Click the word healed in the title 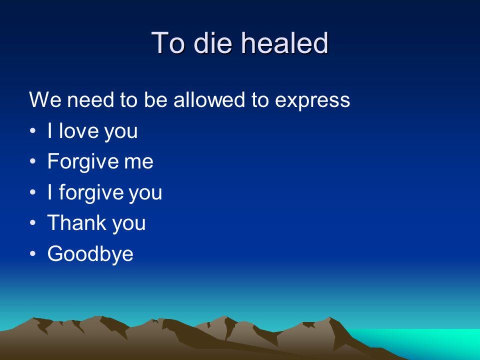[284, 42]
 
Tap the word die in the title [212, 42]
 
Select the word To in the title [168, 43]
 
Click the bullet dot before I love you [33, 130]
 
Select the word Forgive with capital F [82, 162]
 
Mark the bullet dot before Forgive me [33, 161]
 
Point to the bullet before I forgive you [33, 192]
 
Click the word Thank [76, 222]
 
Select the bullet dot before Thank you [33, 223]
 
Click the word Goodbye [90, 254]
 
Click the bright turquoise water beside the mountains [428, 341]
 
